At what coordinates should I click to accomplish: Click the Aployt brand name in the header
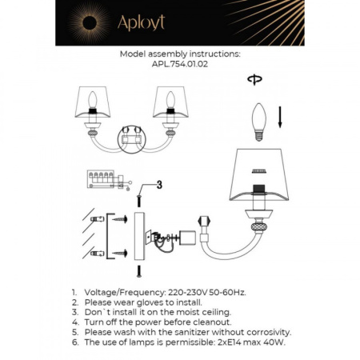point(142,23)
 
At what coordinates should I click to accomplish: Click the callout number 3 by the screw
point(158,185)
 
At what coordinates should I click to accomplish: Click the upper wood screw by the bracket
point(122,218)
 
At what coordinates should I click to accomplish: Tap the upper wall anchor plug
point(98,218)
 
